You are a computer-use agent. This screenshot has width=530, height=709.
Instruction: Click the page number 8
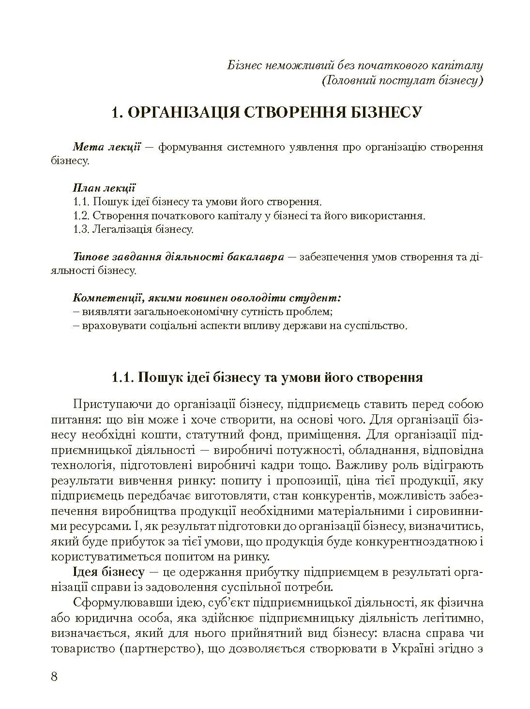pyautogui.click(x=54, y=676)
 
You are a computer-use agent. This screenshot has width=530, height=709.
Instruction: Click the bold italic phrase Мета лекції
pyautogui.click(x=106, y=147)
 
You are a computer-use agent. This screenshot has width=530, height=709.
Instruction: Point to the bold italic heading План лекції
pyautogui.click(x=104, y=188)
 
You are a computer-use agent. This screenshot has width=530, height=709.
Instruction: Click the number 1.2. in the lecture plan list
pyautogui.click(x=81, y=215)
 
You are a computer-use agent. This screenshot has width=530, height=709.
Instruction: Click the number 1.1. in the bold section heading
pyautogui.click(x=122, y=377)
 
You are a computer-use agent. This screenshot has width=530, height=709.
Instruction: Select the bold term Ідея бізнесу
pyautogui.click(x=108, y=573)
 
